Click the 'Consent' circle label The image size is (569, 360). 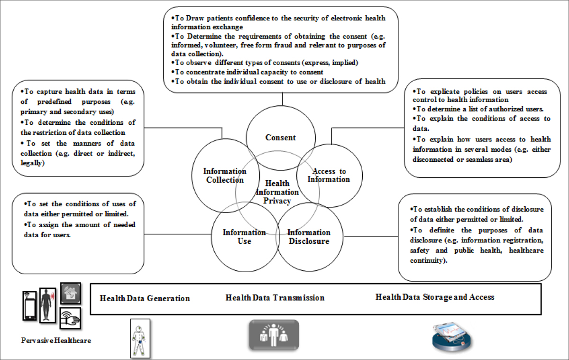280,138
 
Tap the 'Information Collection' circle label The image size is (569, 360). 225,175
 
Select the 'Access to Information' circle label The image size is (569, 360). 329,175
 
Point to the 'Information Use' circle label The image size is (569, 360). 244,237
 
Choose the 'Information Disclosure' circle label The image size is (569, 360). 309,237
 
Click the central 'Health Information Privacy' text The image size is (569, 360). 277,192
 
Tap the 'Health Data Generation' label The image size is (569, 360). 145,298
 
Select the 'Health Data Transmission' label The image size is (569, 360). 275,298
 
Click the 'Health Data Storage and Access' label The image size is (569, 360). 435,297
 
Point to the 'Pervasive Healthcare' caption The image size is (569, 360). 56,341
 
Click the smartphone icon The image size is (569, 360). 29,305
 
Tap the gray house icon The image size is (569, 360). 71,293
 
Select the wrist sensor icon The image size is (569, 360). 70,318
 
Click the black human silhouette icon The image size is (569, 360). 47,305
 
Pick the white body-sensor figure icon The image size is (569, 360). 140,338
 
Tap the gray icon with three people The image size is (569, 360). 274,335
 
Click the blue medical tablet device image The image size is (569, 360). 451,337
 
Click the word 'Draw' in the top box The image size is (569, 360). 195,18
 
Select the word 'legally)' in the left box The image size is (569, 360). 33,163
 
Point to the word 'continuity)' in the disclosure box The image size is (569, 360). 429,260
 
